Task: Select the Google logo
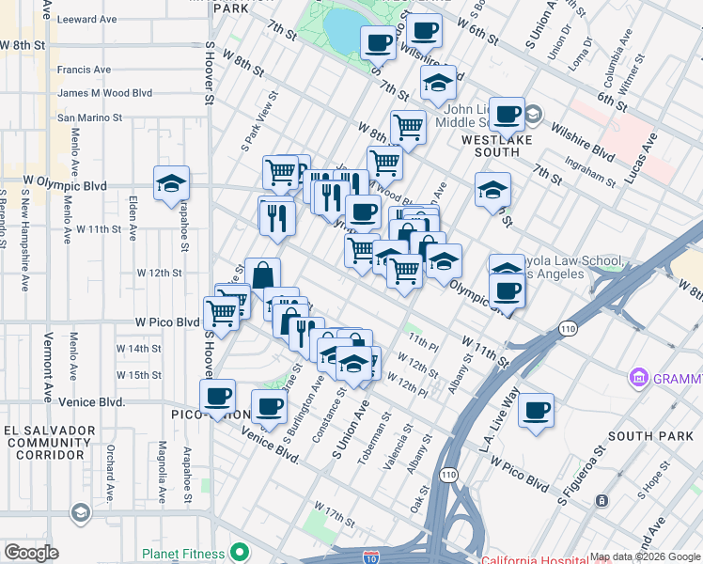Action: pos(32,553)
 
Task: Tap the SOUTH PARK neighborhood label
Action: pos(648,436)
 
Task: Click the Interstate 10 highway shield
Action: pos(371,558)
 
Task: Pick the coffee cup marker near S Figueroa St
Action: pos(536,410)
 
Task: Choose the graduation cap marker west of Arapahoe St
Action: pos(171,183)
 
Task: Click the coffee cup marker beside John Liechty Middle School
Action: pos(508,115)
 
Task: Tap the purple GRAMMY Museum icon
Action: pos(639,378)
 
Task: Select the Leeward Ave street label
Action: pos(86,19)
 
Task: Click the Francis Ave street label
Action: pos(84,70)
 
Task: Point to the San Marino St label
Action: pos(90,117)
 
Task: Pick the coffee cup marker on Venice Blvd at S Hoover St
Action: pos(218,396)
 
